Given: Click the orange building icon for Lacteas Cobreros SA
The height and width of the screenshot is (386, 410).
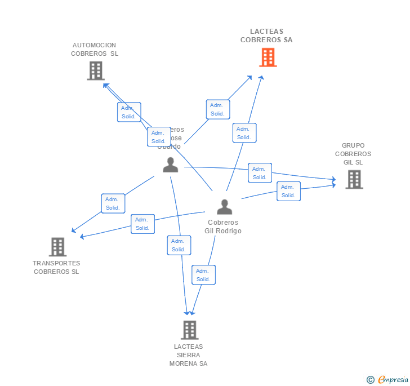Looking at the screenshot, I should tap(268, 57).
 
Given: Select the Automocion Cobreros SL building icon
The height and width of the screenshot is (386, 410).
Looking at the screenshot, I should tap(96, 70).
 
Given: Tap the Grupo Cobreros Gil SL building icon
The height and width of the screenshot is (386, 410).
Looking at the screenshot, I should tap(354, 179).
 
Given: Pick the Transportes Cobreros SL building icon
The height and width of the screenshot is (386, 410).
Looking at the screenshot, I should tap(57, 247).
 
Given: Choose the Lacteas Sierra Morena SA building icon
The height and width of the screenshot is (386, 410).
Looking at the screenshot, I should tap(189, 330).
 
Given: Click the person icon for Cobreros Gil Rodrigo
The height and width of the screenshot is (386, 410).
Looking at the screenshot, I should tap(224, 207).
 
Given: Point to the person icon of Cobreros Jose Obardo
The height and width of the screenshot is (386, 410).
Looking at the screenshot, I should tap(170, 165).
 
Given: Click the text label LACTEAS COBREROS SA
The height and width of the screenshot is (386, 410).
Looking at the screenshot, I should tap(266, 36).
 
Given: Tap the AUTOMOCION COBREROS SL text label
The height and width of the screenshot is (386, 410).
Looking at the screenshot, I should tap(95, 50).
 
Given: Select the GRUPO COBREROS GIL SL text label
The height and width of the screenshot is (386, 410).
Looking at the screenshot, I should tap(353, 154).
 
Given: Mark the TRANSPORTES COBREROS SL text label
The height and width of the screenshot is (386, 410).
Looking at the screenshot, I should tap(56, 267).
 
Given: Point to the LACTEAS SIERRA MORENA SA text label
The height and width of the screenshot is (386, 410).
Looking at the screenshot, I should tap(189, 355).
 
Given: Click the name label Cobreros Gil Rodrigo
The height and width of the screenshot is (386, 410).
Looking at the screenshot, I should tap(224, 227).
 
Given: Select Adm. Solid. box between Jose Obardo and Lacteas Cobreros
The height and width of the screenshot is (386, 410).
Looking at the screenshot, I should tap(217, 109).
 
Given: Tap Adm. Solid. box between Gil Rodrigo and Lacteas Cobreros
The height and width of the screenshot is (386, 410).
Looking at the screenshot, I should tap(244, 133).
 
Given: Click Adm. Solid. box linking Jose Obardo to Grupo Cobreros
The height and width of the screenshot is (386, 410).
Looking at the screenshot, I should tap(259, 173).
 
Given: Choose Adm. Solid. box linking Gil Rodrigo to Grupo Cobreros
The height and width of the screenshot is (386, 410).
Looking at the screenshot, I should tap(288, 191).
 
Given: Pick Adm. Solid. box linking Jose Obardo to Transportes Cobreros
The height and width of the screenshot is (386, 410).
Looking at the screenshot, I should tap(113, 203).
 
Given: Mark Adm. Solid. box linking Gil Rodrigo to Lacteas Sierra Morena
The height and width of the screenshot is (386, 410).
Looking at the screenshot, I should tap(203, 275).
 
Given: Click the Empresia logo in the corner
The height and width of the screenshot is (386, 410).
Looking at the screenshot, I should tap(387, 380).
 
